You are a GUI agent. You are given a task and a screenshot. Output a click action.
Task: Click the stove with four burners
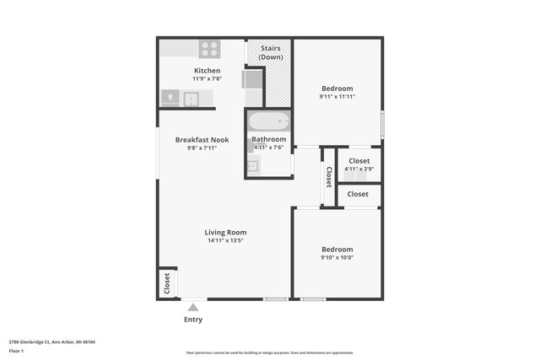(209, 49)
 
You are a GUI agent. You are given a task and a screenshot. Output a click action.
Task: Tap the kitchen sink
(192, 99)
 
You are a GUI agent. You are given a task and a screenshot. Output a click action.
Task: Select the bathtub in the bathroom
(269, 120)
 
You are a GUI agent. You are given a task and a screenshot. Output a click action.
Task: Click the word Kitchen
(207, 71)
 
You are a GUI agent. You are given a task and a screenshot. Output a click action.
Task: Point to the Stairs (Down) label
(270, 53)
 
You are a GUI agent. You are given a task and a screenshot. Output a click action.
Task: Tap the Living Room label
(225, 232)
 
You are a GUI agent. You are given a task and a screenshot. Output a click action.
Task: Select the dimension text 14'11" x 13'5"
(225, 241)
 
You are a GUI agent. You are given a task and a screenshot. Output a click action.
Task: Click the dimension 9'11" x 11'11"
(337, 97)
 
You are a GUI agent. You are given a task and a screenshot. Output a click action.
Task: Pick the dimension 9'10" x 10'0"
(337, 258)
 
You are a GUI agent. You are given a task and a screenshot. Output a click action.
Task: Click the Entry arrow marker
(193, 308)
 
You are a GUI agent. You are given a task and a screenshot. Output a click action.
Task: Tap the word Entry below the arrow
(193, 320)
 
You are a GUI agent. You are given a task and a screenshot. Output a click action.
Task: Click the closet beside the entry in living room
(167, 282)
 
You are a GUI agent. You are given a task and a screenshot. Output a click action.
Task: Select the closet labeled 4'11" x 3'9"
(359, 164)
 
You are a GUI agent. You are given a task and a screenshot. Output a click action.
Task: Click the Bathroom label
(269, 139)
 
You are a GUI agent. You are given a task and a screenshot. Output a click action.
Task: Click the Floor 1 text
(15, 350)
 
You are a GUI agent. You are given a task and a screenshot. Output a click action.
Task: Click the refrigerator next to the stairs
(252, 80)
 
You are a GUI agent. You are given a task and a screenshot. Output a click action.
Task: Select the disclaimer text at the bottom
(269, 352)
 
